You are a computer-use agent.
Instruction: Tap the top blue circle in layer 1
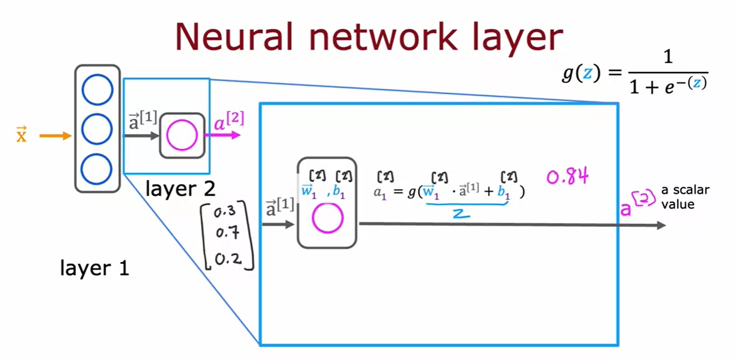(x=97, y=89)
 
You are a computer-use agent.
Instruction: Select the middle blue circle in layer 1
(x=97, y=129)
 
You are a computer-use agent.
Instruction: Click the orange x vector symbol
(x=22, y=135)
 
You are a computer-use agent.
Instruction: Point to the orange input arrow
(x=55, y=135)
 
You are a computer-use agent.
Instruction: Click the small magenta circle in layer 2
(x=182, y=136)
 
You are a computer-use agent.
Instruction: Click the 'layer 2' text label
(x=180, y=189)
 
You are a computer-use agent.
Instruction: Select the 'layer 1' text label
(x=94, y=268)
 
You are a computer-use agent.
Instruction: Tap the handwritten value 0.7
(x=227, y=234)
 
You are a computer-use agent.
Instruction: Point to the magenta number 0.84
(x=567, y=178)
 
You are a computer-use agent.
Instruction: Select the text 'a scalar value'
(x=685, y=197)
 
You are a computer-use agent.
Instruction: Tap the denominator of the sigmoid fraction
(x=668, y=86)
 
